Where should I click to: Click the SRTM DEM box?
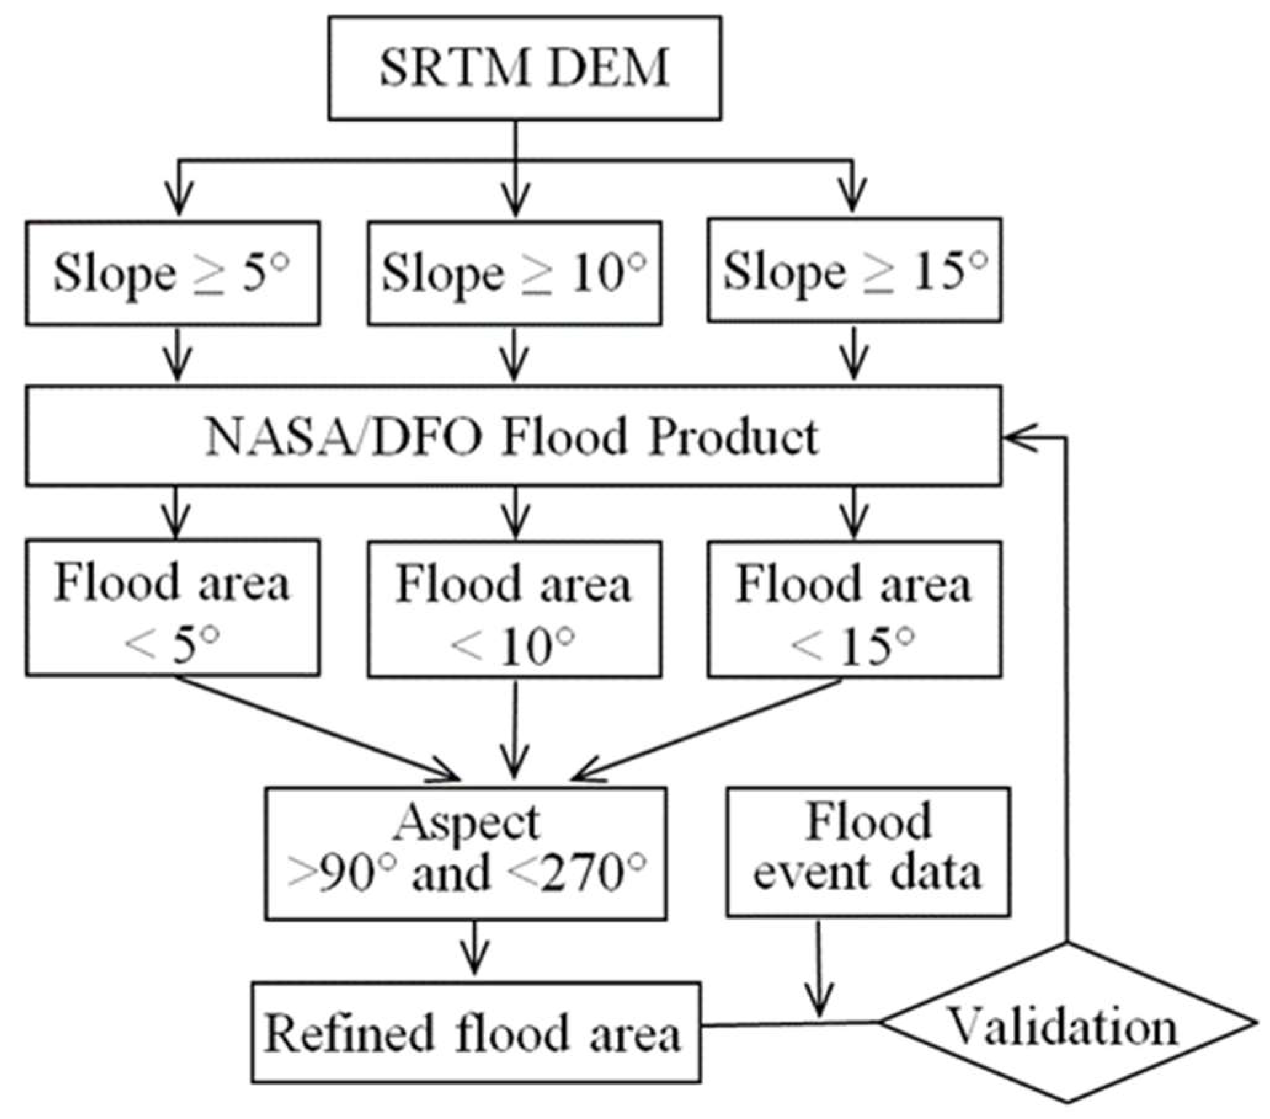click(524, 68)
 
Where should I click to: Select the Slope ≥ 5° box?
click(173, 273)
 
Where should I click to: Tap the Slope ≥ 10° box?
click(514, 273)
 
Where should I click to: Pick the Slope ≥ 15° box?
click(853, 270)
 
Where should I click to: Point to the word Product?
click(733, 437)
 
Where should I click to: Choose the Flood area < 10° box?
click(514, 610)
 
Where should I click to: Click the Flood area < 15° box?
click(853, 610)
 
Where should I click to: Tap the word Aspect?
click(466, 822)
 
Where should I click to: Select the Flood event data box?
click(868, 852)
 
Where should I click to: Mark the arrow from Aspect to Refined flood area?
click(475, 948)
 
